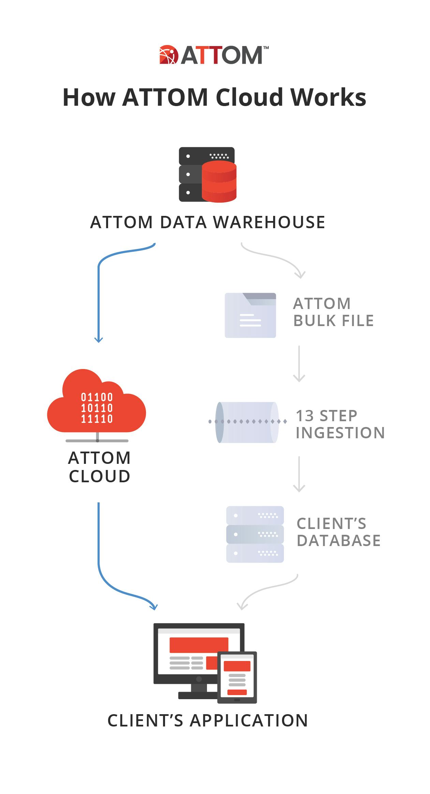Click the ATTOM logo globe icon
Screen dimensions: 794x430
[x=169, y=55]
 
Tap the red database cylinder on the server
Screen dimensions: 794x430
[x=219, y=182]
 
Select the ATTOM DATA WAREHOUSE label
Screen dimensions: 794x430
[x=207, y=222]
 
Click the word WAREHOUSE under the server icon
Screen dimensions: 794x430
[x=269, y=222]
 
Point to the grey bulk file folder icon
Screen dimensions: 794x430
[x=250, y=315]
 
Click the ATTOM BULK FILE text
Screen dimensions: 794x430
[x=333, y=312]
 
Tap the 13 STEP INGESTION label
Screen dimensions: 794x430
[x=340, y=424]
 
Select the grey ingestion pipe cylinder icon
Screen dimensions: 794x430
[x=247, y=422]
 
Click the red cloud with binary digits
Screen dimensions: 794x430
[x=97, y=402]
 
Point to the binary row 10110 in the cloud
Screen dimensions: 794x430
[x=97, y=408]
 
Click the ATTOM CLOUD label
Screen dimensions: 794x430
[x=99, y=467]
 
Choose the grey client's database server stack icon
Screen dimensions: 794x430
[x=255, y=534]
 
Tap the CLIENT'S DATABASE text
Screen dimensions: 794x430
[x=338, y=532]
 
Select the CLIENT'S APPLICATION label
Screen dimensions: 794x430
[x=208, y=721]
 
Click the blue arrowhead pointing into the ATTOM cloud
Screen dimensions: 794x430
[x=99, y=339]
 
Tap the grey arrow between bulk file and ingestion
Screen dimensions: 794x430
[x=299, y=364]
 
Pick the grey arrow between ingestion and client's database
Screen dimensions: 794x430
[x=299, y=474]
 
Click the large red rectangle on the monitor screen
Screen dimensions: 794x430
[x=199, y=645]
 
